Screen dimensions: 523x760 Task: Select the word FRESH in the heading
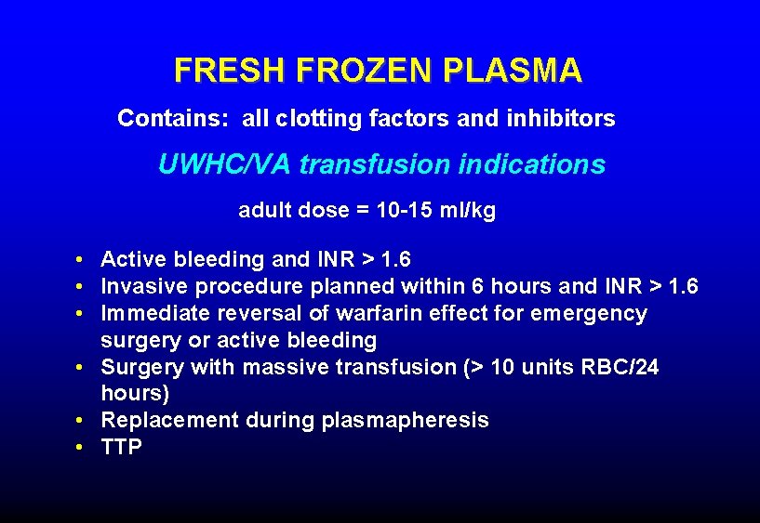(231, 71)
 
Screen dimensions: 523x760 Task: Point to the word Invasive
(143, 286)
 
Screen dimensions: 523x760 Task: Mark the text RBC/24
(621, 367)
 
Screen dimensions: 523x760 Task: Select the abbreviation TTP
(121, 448)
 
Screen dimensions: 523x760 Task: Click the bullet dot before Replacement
(83, 421)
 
